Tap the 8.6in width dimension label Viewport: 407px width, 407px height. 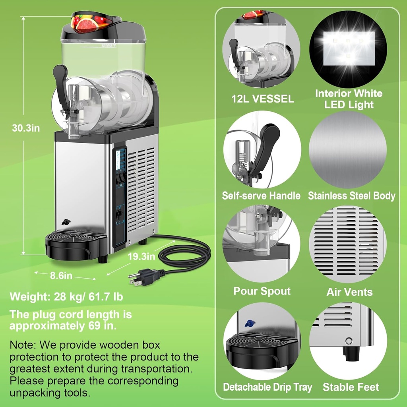[61, 275]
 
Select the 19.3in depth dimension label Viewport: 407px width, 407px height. [141, 256]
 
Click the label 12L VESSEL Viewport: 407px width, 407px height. [263, 99]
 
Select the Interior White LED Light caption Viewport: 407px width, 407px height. [349, 99]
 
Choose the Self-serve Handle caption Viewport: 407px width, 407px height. [261, 196]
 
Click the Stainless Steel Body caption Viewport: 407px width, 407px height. [351, 196]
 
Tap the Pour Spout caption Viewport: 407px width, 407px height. [262, 291]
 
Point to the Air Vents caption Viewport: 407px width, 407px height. [349, 292]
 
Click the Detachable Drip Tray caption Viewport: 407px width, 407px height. [267, 387]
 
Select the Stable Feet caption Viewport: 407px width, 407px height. [351, 387]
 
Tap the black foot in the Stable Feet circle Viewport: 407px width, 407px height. [351, 353]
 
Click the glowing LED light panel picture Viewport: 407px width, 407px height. [349, 48]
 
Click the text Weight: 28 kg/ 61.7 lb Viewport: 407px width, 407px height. [66, 297]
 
